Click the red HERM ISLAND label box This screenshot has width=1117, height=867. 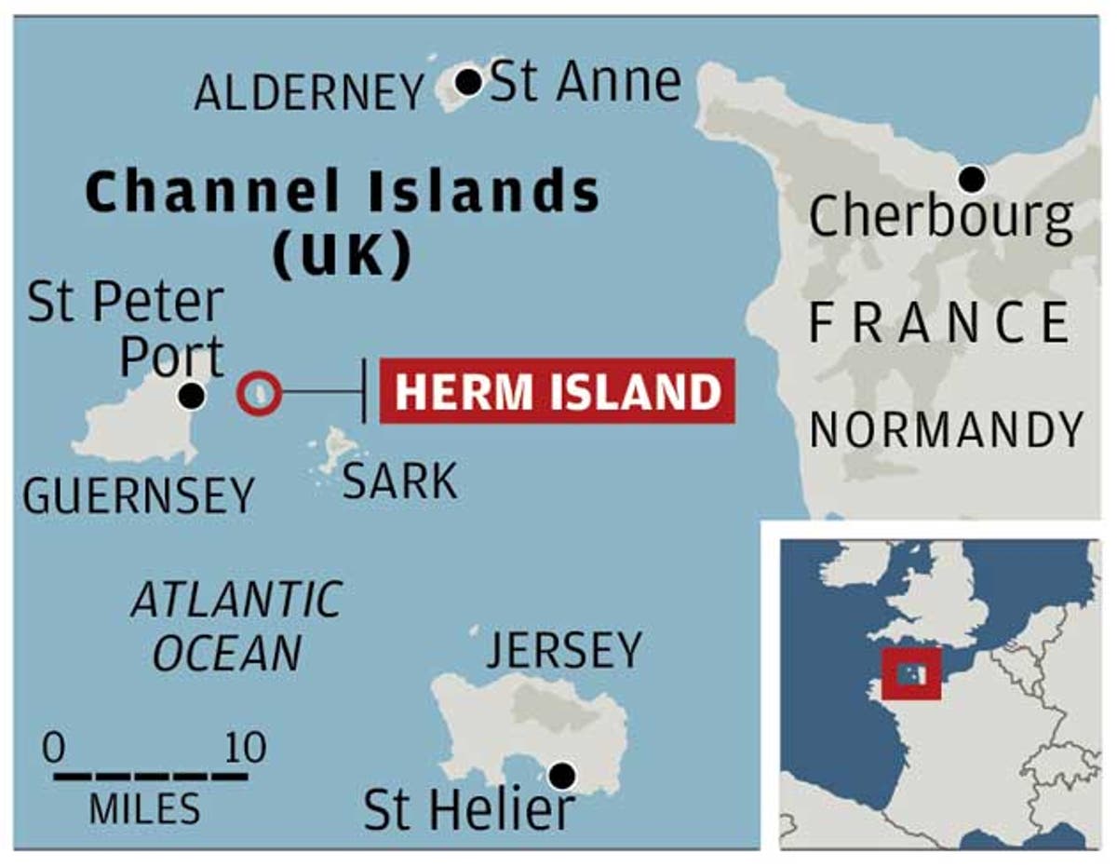point(558,391)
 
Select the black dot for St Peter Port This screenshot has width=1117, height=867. point(192,396)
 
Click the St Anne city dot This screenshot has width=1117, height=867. point(469,82)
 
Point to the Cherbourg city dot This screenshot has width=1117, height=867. point(972,177)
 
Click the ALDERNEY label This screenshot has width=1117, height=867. point(309,93)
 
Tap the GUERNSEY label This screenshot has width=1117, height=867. point(139,495)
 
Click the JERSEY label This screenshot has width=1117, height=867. point(564,650)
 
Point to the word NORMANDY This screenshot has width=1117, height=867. point(947,430)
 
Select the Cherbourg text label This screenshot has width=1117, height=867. point(940,217)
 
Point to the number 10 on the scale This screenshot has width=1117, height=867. point(244,747)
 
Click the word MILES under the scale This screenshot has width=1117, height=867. point(144,810)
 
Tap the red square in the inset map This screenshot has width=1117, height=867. point(912,672)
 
